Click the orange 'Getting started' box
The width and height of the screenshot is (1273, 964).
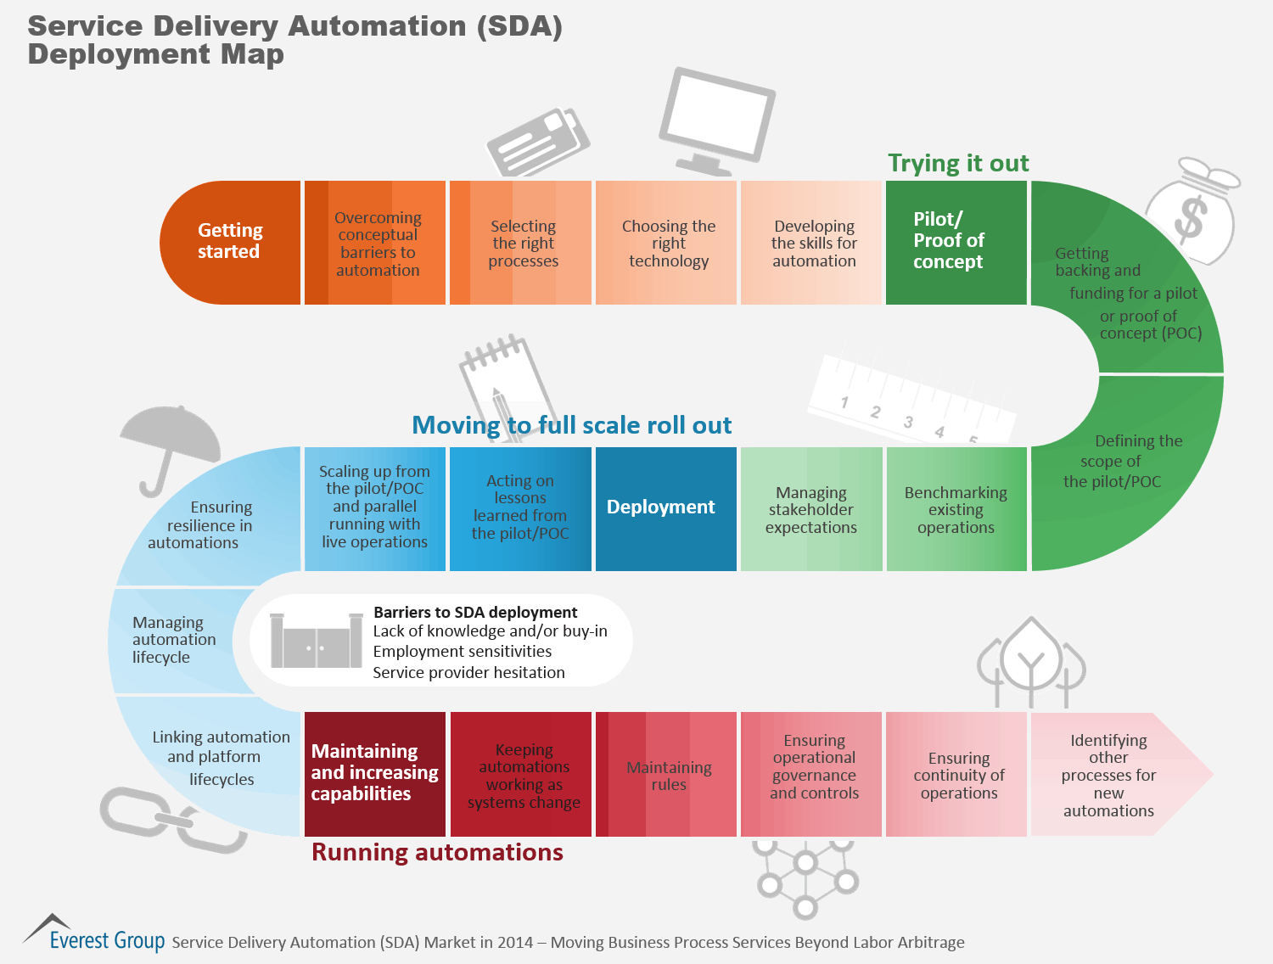coord(230,242)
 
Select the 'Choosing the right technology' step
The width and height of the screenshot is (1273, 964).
coord(668,244)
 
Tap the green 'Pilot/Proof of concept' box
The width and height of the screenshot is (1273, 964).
coord(956,242)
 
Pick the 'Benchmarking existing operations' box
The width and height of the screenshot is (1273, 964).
coord(956,509)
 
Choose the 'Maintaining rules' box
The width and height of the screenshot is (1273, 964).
coord(668,775)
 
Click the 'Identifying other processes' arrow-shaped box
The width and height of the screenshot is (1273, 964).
coord(1112,775)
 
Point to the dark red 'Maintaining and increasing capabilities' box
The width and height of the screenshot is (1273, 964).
coord(374,773)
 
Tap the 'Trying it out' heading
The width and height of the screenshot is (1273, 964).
coord(958,163)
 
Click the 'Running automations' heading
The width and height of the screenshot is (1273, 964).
coord(437,852)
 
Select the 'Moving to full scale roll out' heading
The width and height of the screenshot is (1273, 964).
coord(571,425)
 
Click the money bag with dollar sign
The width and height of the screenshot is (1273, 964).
coord(1192,212)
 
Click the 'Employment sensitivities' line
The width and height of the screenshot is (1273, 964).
coord(463,652)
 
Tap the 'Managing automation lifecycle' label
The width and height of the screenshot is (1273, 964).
coord(174,640)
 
